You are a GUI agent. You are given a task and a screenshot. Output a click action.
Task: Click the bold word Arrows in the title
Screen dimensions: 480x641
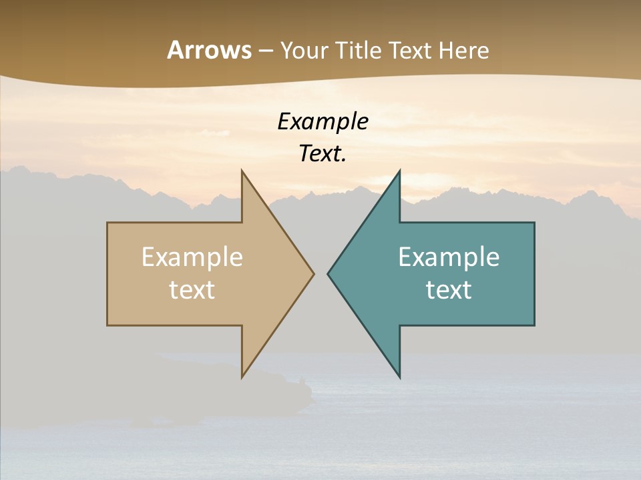(x=209, y=51)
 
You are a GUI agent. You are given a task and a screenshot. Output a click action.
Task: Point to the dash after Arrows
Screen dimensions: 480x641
(x=265, y=51)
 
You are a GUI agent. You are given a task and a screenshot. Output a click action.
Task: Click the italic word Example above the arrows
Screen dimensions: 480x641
(x=323, y=121)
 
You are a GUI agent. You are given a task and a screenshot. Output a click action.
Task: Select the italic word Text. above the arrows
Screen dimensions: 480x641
(x=321, y=153)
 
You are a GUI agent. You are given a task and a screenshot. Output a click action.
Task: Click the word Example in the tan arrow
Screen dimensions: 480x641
(x=192, y=257)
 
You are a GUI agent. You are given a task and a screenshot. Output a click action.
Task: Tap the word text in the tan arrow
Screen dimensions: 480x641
(x=192, y=290)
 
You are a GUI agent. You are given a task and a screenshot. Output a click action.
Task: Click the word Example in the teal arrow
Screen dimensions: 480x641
(x=449, y=257)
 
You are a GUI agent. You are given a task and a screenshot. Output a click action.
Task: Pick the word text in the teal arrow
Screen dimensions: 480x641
(x=449, y=290)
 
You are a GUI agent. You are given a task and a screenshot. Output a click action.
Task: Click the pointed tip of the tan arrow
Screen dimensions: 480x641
(x=312, y=273)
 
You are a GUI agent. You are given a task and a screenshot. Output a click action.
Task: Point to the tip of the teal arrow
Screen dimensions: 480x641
(x=329, y=273)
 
